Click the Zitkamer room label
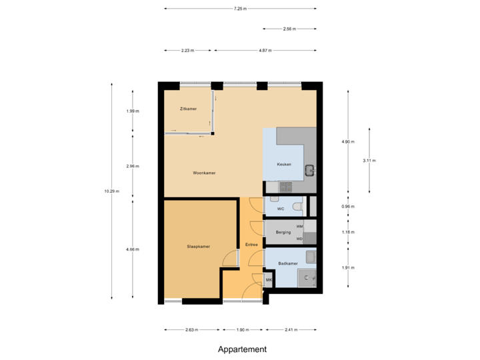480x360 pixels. pyautogui.click(x=188, y=109)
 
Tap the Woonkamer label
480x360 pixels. pyautogui.click(x=204, y=173)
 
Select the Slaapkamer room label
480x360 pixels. pyautogui.click(x=199, y=247)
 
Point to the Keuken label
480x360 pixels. pyautogui.click(x=285, y=165)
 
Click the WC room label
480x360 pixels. pyautogui.click(x=281, y=209)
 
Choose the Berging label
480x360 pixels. pyautogui.click(x=283, y=233)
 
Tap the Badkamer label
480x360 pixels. pyautogui.click(x=287, y=264)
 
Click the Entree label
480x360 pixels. pyautogui.click(x=251, y=245)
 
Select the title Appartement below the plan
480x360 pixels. pyautogui.click(x=242, y=349)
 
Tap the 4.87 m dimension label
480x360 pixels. pyautogui.click(x=265, y=50)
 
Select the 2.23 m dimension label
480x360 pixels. pyautogui.click(x=187, y=50)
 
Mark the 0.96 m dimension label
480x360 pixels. pyautogui.click(x=348, y=207)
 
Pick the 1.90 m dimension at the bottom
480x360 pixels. pyautogui.click(x=243, y=329)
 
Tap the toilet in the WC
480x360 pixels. pyautogui.click(x=296, y=207)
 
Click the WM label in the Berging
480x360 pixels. pyautogui.click(x=299, y=227)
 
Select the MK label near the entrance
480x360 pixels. pyautogui.click(x=269, y=280)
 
